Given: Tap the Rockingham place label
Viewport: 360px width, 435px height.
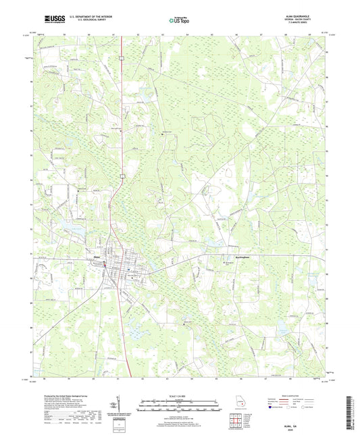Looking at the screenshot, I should point(232,257).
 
